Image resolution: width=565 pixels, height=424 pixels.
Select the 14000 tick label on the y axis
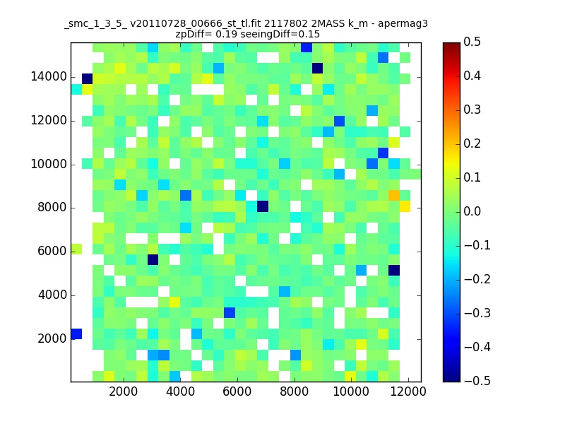coord(49,77)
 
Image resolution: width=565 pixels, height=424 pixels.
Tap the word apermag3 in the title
coord(403,23)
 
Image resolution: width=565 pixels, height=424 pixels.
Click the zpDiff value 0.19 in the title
coord(217,34)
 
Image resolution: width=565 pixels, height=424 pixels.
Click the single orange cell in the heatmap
coord(394,195)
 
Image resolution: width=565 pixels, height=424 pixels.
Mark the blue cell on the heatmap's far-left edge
coord(76,334)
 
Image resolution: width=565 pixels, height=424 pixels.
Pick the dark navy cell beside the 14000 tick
coord(88,78)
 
